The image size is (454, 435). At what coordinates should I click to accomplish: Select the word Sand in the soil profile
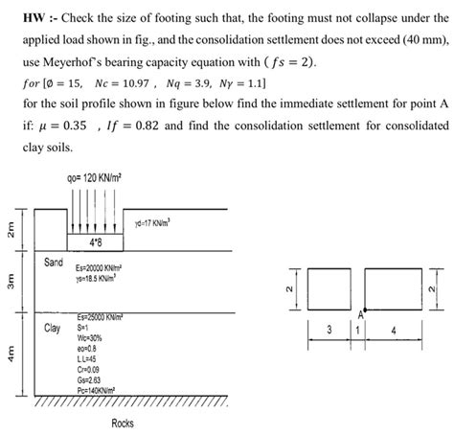pyautogui.click(x=54, y=262)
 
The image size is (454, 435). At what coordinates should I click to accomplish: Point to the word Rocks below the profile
pyautogui.click(x=122, y=423)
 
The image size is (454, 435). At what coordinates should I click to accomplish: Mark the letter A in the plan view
pyautogui.click(x=360, y=314)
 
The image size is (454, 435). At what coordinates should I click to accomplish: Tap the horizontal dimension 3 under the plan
pyautogui.click(x=329, y=330)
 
